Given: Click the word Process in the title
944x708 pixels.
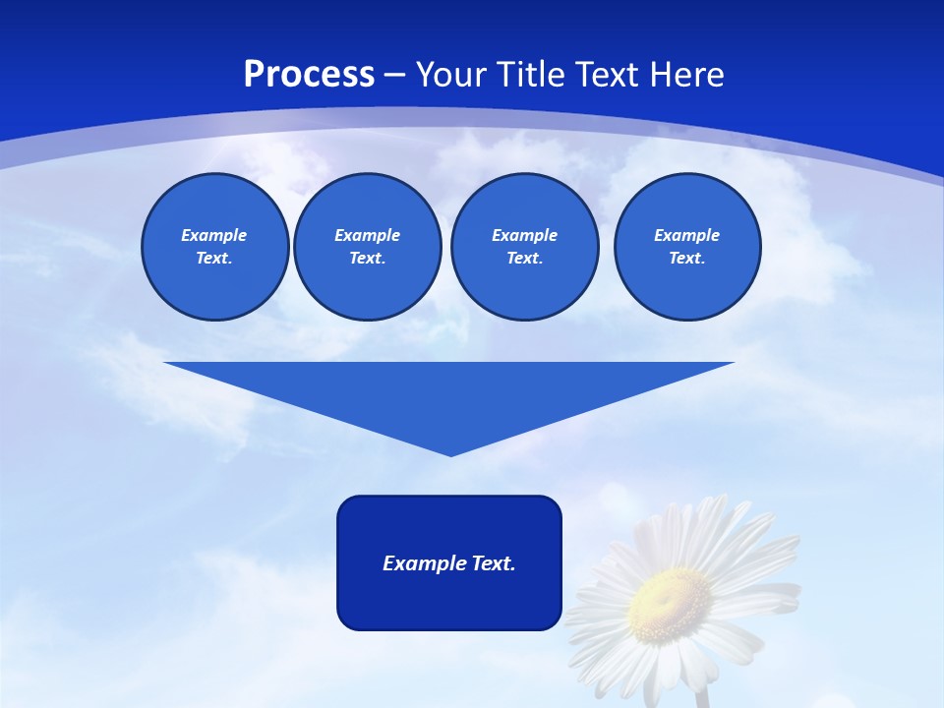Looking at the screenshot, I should pos(309,75).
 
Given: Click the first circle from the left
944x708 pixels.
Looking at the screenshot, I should pos(214,247).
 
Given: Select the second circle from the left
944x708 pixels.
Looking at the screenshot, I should pos(367,247).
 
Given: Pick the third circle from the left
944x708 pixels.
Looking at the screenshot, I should pos(524,247).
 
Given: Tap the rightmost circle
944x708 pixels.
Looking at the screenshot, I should pos(686,247).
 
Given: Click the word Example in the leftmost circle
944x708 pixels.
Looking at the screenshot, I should pos(214,235).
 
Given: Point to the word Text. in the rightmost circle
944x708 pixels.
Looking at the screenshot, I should pos(686,259).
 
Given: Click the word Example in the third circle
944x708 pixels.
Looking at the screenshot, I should pos(524,235).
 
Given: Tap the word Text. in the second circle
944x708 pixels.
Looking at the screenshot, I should pos(367,259).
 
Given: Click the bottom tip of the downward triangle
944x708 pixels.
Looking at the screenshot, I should pos(450,454).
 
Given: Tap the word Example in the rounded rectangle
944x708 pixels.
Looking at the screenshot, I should pos(425,563).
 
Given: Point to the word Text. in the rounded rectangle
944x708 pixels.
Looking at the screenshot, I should pos(494,563).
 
